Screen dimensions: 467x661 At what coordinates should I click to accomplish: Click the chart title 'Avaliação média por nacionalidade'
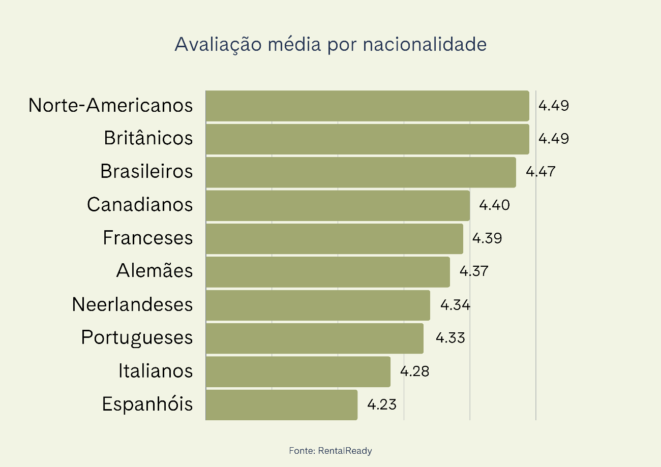(330, 45)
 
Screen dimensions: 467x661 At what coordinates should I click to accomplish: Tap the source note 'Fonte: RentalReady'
(330, 451)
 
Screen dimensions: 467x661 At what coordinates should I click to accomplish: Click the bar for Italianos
(298, 371)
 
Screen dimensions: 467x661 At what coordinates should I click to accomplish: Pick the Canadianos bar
(338, 205)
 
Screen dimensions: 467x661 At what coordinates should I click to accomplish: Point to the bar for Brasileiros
(360, 172)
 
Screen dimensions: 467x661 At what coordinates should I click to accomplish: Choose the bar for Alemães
(327, 272)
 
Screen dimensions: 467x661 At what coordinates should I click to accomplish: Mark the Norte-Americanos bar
(367, 106)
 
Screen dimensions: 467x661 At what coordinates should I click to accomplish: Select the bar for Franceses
(334, 239)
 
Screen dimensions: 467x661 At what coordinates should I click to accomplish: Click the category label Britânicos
(148, 138)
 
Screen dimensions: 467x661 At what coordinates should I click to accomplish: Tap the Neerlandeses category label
(133, 305)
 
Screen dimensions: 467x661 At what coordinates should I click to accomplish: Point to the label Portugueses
(137, 338)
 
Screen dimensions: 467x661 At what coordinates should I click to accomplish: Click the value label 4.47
(540, 172)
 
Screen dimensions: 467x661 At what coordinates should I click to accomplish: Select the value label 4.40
(494, 205)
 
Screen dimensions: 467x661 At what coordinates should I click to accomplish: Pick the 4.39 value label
(487, 238)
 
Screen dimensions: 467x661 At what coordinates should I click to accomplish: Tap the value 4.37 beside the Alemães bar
(474, 271)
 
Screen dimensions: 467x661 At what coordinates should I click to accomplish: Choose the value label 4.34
(455, 305)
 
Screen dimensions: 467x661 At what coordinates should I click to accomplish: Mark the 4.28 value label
(414, 371)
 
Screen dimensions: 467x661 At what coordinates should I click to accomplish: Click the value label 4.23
(382, 405)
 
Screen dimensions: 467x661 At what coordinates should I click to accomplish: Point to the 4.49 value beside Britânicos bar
(554, 139)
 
